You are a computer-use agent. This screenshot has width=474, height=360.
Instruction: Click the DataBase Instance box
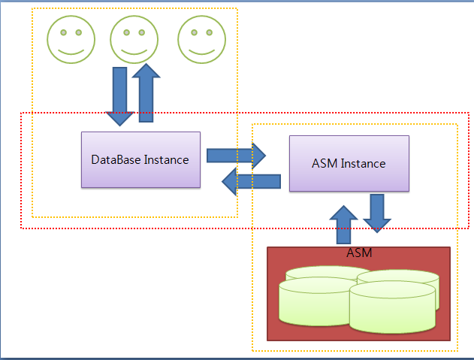point(141,160)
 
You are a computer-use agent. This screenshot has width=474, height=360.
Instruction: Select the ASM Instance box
point(349,163)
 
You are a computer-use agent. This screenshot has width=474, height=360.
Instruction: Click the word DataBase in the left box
point(116,160)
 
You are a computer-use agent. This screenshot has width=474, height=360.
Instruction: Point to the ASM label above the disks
point(359,253)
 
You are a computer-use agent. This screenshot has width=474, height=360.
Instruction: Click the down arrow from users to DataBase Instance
point(119,96)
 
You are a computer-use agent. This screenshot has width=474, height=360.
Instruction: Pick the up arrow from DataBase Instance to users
point(146,93)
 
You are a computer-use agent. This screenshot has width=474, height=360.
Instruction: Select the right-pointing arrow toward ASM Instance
point(236,156)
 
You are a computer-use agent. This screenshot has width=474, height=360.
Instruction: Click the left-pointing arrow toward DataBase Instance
point(251,182)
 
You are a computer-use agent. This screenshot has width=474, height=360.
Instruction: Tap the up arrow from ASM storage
point(344,225)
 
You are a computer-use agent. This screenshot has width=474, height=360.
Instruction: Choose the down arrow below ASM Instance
point(377,213)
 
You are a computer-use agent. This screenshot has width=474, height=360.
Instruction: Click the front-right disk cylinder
point(392,307)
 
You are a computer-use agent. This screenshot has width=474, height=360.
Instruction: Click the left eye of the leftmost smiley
point(64,32)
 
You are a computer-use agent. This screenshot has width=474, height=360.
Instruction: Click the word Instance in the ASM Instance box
point(364,163)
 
